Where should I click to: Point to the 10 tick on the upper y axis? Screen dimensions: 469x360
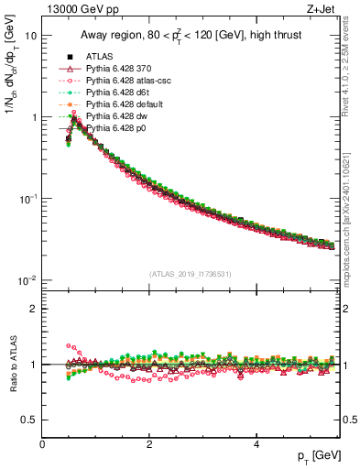[x=31, y=36]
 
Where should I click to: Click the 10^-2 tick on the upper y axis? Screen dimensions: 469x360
[x=27, y=280]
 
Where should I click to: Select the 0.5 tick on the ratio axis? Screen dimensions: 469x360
[x=29, y=420]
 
